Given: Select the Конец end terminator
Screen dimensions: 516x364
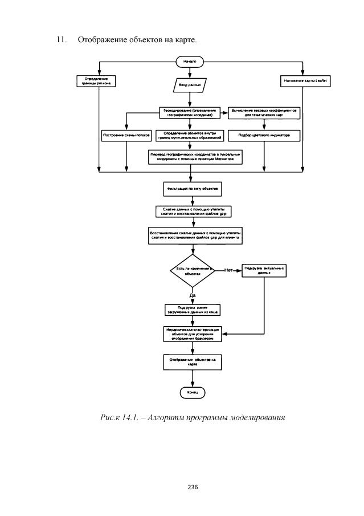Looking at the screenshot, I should pos(192,393).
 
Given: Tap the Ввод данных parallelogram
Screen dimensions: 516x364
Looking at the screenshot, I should pos(190,84).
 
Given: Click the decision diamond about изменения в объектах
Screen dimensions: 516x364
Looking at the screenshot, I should pos(193,271).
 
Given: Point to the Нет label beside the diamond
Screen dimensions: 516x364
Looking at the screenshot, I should pos(230,270).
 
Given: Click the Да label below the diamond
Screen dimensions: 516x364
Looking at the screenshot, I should pos(193,295).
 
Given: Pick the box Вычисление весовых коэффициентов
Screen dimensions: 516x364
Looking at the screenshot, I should pos(263,112).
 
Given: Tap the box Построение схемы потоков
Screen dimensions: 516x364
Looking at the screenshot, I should pos(126,135).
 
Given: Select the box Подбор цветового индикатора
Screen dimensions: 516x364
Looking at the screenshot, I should pos(264,136).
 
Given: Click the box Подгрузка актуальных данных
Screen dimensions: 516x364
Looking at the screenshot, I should pos(264,270).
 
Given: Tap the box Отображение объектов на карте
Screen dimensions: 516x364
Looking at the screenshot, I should pos(193,362).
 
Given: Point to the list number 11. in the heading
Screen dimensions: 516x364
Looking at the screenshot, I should pos(60,40).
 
